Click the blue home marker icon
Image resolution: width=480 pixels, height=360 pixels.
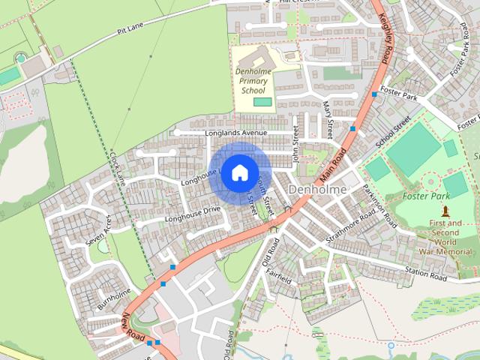(x=239, y=172)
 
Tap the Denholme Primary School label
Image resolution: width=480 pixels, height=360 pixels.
(x=253, y=81)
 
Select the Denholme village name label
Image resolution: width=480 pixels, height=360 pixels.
(x=316, y=190)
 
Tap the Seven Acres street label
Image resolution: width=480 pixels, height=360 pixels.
(x=98, y=232)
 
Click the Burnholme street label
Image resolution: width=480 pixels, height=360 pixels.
(x=114, y=299)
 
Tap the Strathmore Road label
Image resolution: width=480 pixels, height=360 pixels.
(x=349, y=226)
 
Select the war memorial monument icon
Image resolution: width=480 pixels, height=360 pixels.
(x=445, y=211)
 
